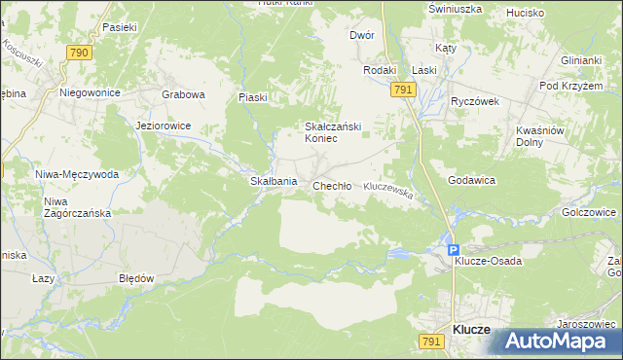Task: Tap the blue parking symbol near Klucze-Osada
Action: [x=454, y=250]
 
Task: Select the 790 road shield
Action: [x=80, y=53]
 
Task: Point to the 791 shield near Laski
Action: [x=405, y=89]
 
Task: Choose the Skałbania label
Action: [x=273, y=182]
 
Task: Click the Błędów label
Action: [x=136, y=277]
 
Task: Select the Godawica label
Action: [x=472, y=181]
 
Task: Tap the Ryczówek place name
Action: [x=474, y=100]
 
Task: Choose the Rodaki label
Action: [x=380, y=70]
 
